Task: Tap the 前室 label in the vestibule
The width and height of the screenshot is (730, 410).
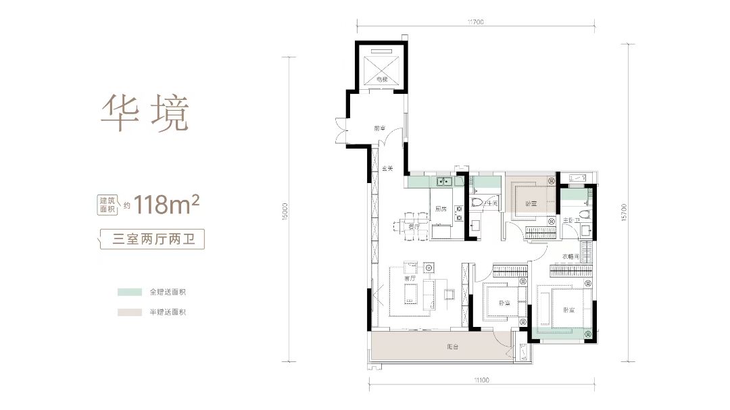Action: (x=379, y=128)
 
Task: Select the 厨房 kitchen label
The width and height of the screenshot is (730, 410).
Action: (x=439, y=208)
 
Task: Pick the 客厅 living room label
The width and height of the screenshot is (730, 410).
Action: (x=409, y=278)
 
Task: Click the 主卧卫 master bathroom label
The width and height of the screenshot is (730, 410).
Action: (x=568, y=220)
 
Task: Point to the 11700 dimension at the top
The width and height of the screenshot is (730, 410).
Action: (x=474, y=22)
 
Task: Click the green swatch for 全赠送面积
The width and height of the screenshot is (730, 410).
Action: (x=129, y=292)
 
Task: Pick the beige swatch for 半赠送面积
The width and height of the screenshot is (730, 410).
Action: (x=129, y=313)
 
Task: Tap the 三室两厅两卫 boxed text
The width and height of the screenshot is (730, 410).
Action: (x=150, y=238)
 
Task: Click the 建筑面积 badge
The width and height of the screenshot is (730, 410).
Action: (x=107, y=205)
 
